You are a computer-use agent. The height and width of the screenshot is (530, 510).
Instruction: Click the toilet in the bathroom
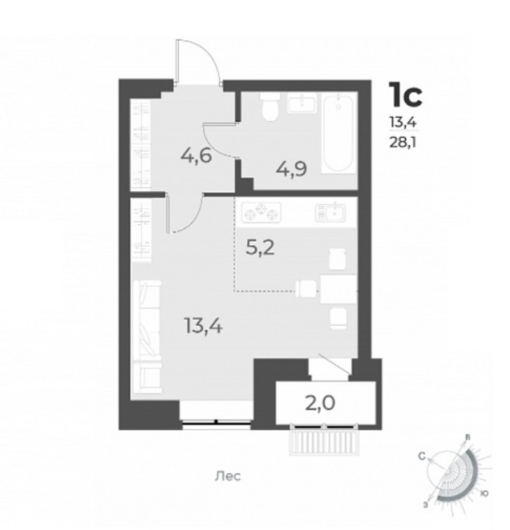pos(270,107)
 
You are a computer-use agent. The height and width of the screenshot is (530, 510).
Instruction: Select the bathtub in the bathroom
pos(339,133)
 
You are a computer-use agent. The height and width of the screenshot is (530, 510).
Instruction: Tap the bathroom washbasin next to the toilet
pos(302,103)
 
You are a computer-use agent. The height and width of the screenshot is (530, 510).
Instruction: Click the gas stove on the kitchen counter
pos(261,212)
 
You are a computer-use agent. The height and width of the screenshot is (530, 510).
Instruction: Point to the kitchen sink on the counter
pos(330,212)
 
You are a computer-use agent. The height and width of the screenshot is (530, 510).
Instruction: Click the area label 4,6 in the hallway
pos(196,156)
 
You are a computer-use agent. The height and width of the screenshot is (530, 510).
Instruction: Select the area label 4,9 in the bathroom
pos(291,169)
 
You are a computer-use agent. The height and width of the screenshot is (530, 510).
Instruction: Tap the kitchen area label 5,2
pos(260,249)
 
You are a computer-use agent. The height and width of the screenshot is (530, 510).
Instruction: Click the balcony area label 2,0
pos(320,403)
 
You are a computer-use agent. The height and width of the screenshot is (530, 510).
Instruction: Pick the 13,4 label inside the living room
pos(203,326)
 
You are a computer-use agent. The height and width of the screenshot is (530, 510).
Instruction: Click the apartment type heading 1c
pos(405,94)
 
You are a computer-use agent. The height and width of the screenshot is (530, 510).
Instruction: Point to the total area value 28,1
pos(403,142)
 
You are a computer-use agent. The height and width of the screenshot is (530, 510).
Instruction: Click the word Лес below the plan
pos(228,476)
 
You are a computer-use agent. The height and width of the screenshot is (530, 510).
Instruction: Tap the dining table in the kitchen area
pos(339,290)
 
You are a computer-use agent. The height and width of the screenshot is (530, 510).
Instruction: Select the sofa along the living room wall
pos(147,337)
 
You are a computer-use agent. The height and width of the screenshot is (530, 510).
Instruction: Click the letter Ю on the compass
pos(484,494)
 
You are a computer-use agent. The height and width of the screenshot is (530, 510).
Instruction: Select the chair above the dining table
pos(338,258)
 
